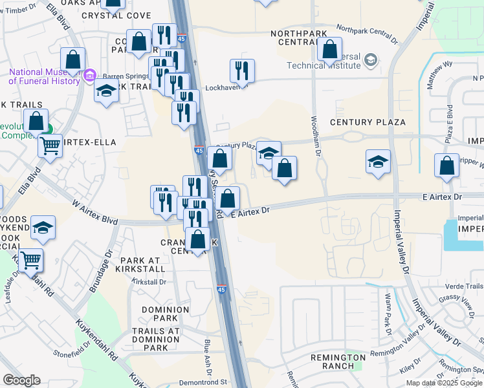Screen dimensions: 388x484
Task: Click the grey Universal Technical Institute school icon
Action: click(x=371, y=61)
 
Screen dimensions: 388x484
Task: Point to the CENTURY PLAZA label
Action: click(x=368, y=122)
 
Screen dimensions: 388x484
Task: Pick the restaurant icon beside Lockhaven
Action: click(x=242, y=70)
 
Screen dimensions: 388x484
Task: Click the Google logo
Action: click(x=21, y=380)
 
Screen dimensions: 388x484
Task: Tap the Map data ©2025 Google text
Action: click(x=444, y=383)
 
